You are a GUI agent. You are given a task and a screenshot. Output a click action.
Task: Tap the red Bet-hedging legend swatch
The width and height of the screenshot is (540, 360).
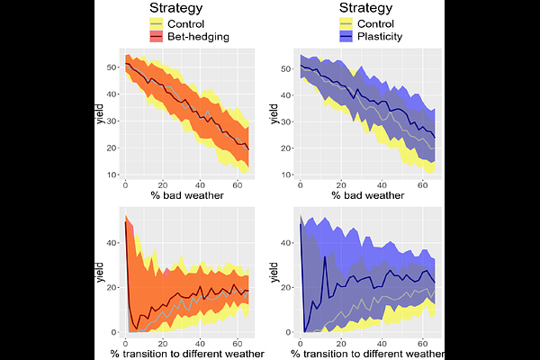156,36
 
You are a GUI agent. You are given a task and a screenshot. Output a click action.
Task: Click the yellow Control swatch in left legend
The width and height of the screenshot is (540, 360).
156,23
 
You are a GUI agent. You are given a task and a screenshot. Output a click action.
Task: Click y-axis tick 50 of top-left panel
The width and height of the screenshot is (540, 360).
112,67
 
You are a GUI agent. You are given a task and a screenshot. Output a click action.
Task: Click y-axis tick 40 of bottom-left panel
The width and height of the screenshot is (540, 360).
112,243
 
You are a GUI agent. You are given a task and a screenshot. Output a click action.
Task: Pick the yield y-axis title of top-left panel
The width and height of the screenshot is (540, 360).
99,116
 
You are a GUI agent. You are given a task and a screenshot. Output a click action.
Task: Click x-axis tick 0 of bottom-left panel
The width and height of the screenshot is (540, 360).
125,342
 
